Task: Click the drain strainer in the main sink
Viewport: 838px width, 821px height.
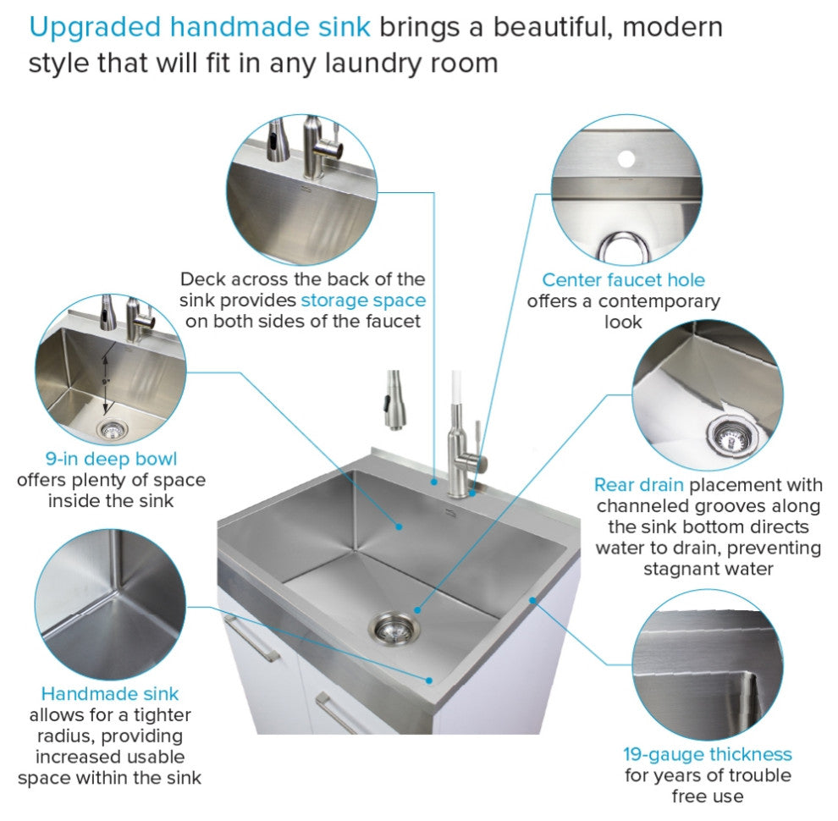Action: tap(394, 629)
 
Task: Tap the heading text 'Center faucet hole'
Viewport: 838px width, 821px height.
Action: tap(623, 279)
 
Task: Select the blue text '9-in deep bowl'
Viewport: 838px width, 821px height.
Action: tap(111, 459)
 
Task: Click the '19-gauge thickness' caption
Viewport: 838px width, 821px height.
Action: tap(708, 754)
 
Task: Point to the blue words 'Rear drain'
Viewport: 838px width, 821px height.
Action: tap(638, 485)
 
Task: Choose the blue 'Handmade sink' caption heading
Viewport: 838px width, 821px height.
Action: tap(109, 694)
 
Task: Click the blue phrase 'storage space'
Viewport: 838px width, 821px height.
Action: tap(363, 300)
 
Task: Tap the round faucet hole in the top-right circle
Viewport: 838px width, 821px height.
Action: tap(626, 159)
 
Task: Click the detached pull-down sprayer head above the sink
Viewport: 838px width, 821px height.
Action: tap(395, 400)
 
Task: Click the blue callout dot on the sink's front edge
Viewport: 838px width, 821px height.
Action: tap(428, 680)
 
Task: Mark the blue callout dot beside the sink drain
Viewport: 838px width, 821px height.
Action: tap(417, 610)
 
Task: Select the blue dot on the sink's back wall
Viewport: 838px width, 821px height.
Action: tap(399, 526)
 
